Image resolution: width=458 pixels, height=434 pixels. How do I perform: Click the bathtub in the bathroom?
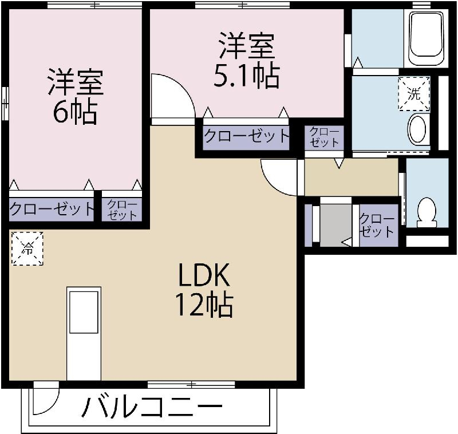coord(426,38)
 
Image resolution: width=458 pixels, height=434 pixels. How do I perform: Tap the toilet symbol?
coord(427,212)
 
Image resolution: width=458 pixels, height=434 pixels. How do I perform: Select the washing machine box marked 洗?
coord(414,94)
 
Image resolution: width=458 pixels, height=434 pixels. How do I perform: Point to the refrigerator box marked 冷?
coord(27,248)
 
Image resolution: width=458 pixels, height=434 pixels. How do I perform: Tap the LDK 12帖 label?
coord(204,290)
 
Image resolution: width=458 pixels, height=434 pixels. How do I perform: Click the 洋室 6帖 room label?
coord(76,96)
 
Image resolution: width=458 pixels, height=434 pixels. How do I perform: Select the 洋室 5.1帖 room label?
coord(247,61)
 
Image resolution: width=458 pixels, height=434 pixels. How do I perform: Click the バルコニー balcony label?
coord(152,407)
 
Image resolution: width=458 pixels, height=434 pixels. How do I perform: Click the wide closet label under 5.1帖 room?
coord(246,136)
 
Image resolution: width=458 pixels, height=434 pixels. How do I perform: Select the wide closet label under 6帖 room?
coord(52,208)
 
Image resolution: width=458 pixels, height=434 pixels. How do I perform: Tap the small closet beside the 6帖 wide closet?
coord(122,210)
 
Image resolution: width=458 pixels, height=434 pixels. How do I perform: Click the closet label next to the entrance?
coord(377,225)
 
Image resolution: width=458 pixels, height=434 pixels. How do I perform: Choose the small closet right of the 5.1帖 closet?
coord(324,137)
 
